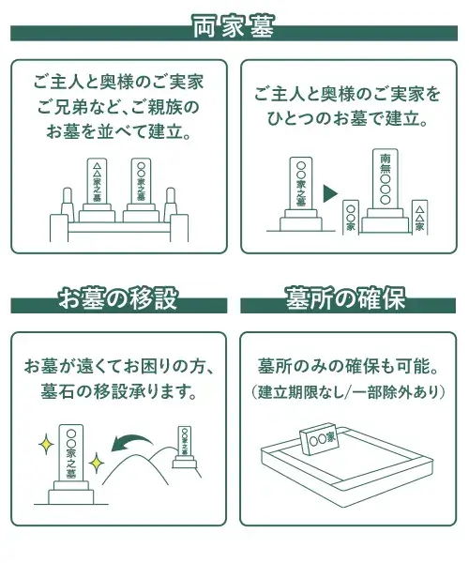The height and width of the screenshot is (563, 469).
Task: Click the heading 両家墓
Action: pyautogui.click(x=234, y=26)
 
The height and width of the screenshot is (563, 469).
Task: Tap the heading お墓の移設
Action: pyautogui.click(x=118, y=298)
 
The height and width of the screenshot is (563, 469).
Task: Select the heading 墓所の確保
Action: pyautogui.click(x=345, y=298)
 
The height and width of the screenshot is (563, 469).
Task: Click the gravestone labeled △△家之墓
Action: pyautogui.click(x=97, y=190)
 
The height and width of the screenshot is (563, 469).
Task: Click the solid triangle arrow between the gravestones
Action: pyautogui.click(x=330, y=193)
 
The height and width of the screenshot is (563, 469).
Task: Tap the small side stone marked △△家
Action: pyautogui.click(x=419, y=218)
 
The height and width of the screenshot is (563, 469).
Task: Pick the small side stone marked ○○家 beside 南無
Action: pyautogui.click(x=351, y=218)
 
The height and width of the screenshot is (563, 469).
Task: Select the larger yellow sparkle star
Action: pyautogui.click(x=46, y=444)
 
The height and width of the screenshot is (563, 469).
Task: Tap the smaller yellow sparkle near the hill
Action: pyautogui.click(x=97, y=463)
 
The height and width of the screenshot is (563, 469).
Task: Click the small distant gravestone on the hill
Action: pyautogui.click(x=185, y=447)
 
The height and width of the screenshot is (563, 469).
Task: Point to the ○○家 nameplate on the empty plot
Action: pyautogui.click(x=319, y=438)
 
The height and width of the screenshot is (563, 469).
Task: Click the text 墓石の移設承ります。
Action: pyautogui.click(x=118, y=391)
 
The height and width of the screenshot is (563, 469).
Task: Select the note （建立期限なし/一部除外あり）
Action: pyautogui.click(x=348, y=391)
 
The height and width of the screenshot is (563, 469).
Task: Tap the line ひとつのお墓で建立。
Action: pyautogui.click(x=347, y=119)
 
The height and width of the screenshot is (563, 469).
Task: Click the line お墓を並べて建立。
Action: pyautogui.click(x=118, y=131)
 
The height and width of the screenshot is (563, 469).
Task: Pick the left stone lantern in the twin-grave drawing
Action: pyautogui.click(x=68, y=205)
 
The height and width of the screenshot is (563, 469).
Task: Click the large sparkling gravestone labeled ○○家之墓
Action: pyautogui.click(x=71, y=464)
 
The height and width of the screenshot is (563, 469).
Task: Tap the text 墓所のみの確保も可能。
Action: pyautogui.click(x=348, y=366)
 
